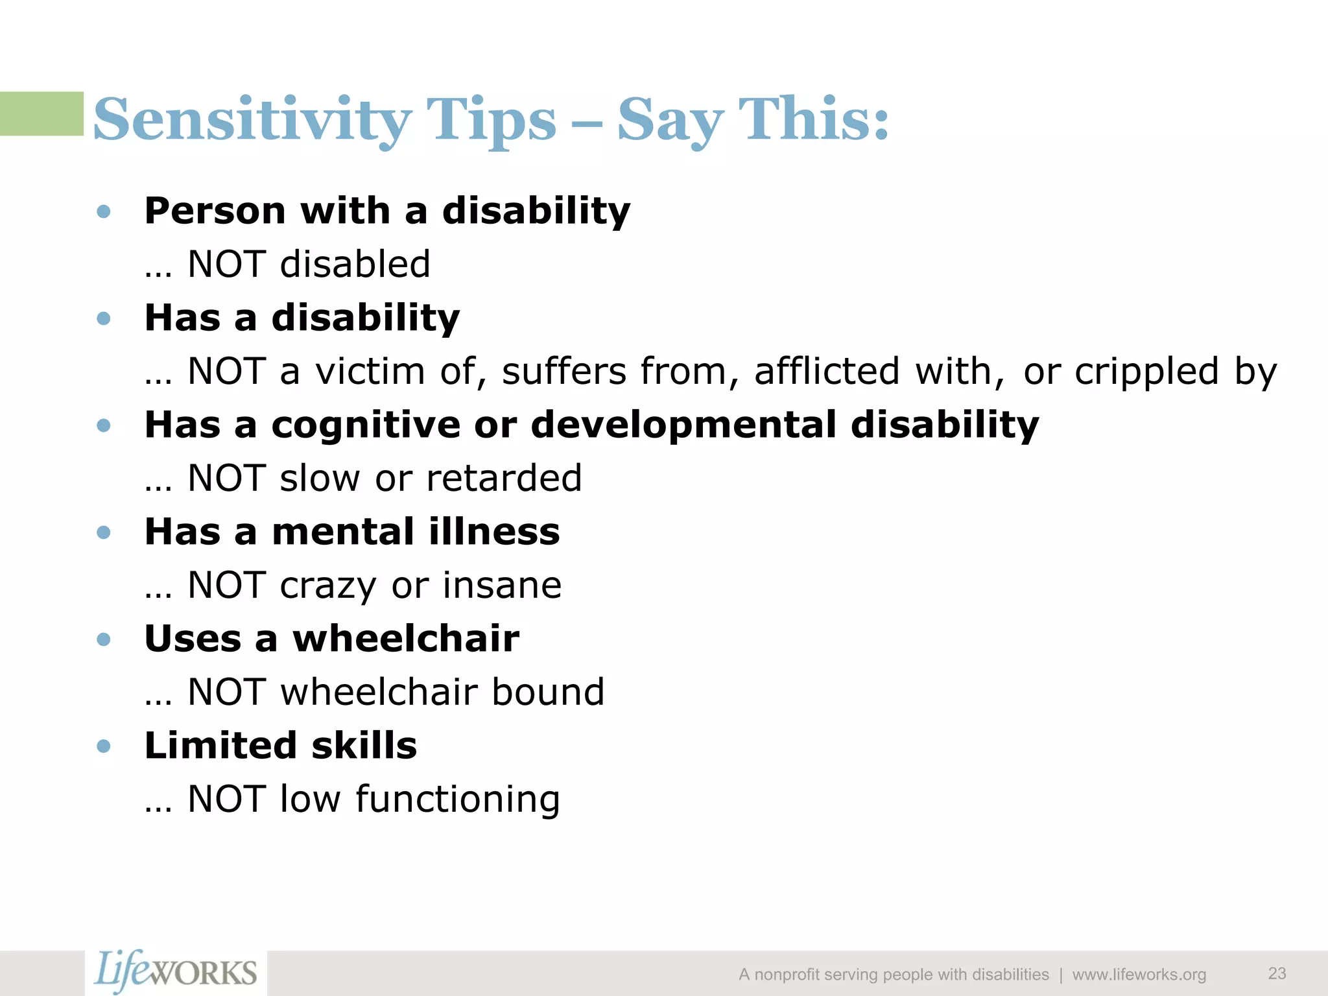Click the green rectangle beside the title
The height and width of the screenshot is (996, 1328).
pyautogui.click(x=41, y=113)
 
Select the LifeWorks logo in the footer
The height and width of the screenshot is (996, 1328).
pyautogui.click(x=175, y=972)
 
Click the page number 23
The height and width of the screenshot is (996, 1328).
pyautogui.click(x=1277, y=973)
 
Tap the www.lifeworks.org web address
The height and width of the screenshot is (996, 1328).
pyautogui.click(x=1139, y=975)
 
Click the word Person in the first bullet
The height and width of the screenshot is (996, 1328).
pyautogui.click(x=215, y=211)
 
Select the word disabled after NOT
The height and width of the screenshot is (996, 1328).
pyautogui.click(x=355, y=265)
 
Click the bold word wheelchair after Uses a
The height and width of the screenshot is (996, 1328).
pyautogui.click(x=406, y=639)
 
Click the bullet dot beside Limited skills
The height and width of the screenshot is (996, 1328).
pyautogui.click(x=103, y=746)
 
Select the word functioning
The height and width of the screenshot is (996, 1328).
pyautogui.click(x=457, y=800)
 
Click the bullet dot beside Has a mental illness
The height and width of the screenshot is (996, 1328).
pyautogui.click(x=103, y=532)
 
